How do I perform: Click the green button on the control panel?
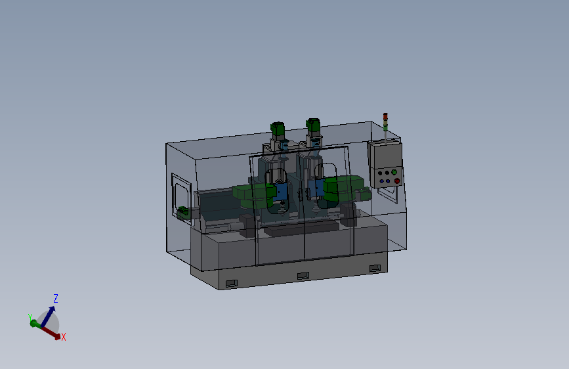(x=394, y=172)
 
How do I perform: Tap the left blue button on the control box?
(x=382, y=181)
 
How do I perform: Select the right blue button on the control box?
(x=389, y=181)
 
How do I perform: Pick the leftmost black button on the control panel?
(x=380, y=173)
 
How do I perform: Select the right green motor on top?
(x=313, y=124)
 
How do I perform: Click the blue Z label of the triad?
(x=56, y=298)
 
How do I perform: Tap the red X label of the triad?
(x=63, y=337)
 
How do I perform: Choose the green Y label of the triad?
(x=30, y=318)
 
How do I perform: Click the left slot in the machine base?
(x=230, y=284)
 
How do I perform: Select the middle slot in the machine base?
(x=303, y=275)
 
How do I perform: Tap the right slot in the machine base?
(x=374, y=267)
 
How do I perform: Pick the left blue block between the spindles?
(x=282, y=191)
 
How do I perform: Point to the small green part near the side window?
(x=183, y=211)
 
